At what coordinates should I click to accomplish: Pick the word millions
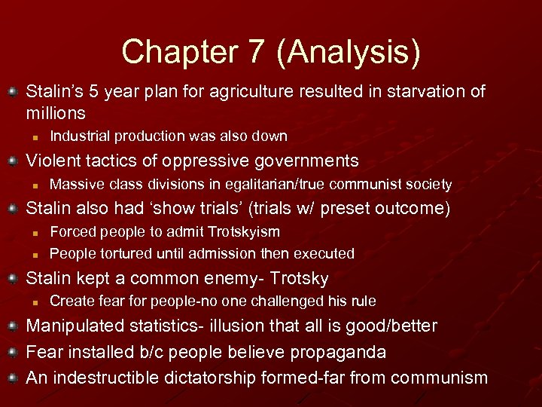click(x=56, y=113)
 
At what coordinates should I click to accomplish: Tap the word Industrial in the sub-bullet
click(x=78, y=136)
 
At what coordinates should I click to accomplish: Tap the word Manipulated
click(x=74, y=326)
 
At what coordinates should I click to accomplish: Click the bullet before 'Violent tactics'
click(x=13, y=161)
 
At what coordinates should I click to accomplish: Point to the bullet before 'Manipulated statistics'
click(x=13, y=327)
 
